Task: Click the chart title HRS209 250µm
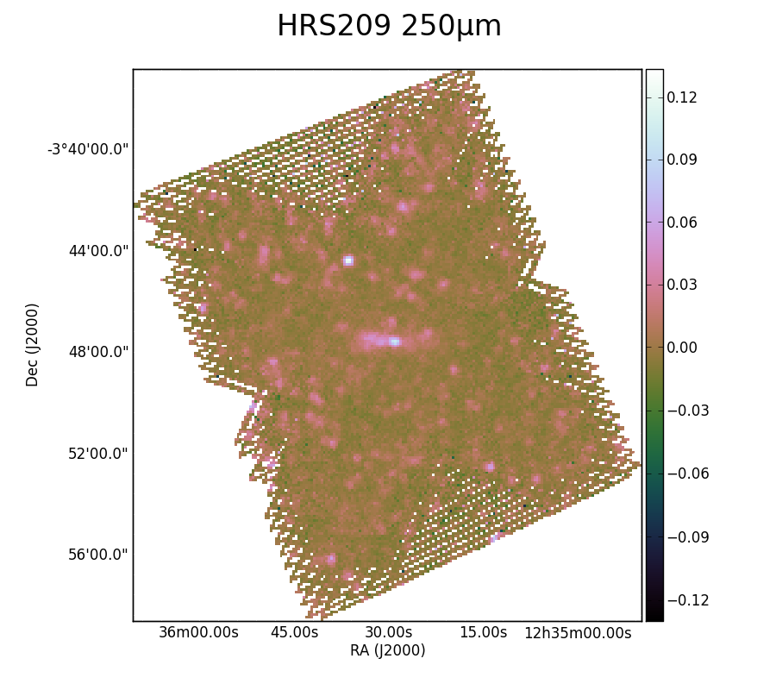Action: click(389, 26)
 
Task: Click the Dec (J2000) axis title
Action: click(32, 345)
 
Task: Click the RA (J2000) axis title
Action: click(387, 650)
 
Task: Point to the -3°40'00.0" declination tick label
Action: click(88, 149)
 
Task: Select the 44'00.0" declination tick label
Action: click(98, 250)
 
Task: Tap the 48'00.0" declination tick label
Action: click(98, 352)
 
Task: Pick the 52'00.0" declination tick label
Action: click(98, 454)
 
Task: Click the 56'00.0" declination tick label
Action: click(98, 555)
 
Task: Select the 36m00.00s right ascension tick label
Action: click(198, 632)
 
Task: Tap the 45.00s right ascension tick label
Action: click(295, 632)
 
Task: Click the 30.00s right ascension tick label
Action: click(389, 632)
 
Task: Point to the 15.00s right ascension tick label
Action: click(484, 632)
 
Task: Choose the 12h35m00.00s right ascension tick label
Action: click(578, 632)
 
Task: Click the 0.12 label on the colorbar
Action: click(681, 97)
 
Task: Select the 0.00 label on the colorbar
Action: click(681, 348)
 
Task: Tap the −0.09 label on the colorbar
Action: click(688, 537)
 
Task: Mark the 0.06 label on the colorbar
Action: click(681, 223)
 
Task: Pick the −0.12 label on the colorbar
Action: click(688, 600)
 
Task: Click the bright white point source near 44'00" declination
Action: click(348, 260)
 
